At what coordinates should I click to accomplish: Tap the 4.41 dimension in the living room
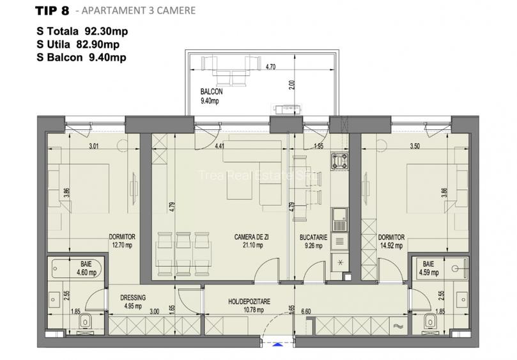[219, 146]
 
